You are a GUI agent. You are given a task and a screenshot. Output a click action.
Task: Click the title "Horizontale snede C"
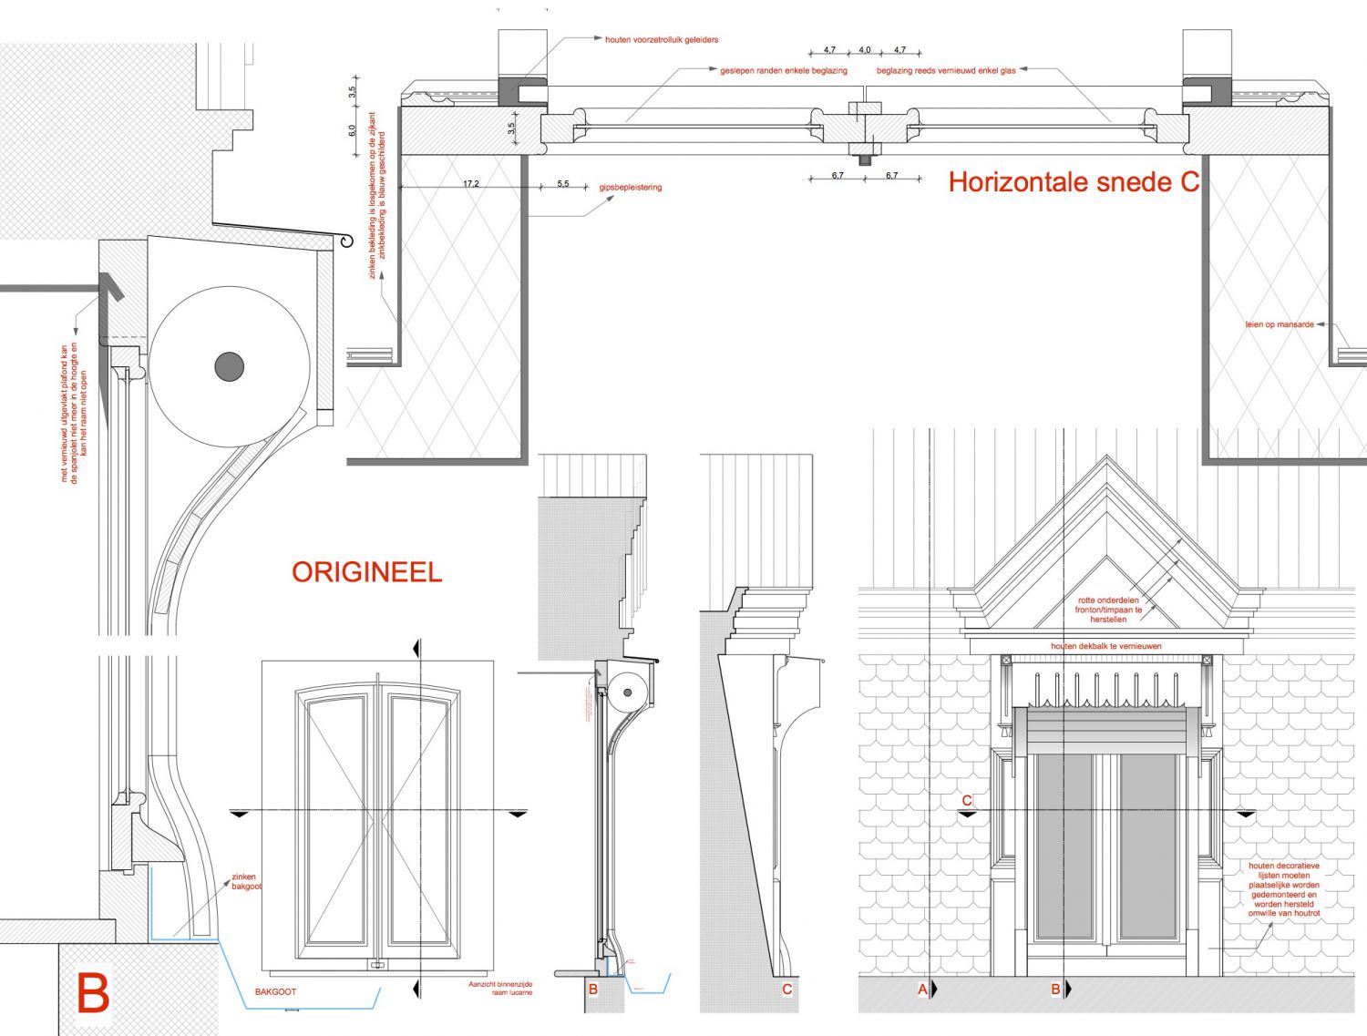coord(1074,182)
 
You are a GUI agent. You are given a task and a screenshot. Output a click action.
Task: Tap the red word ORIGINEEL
coord(366,572)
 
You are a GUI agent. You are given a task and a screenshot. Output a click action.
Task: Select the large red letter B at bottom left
coord(93,993)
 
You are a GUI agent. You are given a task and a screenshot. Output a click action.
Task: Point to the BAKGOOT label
coord(275,991)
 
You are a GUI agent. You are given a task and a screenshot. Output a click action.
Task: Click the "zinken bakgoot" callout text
coord(245,881)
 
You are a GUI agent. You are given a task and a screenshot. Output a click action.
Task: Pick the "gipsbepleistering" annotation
coord(631,188)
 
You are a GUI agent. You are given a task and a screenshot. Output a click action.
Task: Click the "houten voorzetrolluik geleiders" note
coord(662,40)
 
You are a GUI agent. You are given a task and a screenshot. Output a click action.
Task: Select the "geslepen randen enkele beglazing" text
coord(784,70)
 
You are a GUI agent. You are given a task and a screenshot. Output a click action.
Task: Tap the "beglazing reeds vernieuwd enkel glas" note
coord(946,70)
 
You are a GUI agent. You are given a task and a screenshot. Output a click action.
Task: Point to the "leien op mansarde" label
coord(1280,324)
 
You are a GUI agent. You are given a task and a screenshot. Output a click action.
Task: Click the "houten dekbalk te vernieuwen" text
coord(1106,646)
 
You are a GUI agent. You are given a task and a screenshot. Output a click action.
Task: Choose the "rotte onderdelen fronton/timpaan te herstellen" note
coord(1108,610)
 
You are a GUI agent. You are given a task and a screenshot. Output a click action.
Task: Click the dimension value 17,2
coord(470,184)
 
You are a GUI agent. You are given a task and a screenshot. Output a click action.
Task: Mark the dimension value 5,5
coord(563,184)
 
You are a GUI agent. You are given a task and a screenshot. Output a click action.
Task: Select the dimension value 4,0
coord(865,50)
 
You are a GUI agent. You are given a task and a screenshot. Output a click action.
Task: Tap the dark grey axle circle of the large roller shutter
coord(230,366)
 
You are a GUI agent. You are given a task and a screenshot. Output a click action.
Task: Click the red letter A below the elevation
coord(922,989)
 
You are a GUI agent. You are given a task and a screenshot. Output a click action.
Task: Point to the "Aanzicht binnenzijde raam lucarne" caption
coord(500,989)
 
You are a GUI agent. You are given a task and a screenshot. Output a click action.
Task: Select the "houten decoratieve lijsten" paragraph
coord(1283,888)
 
